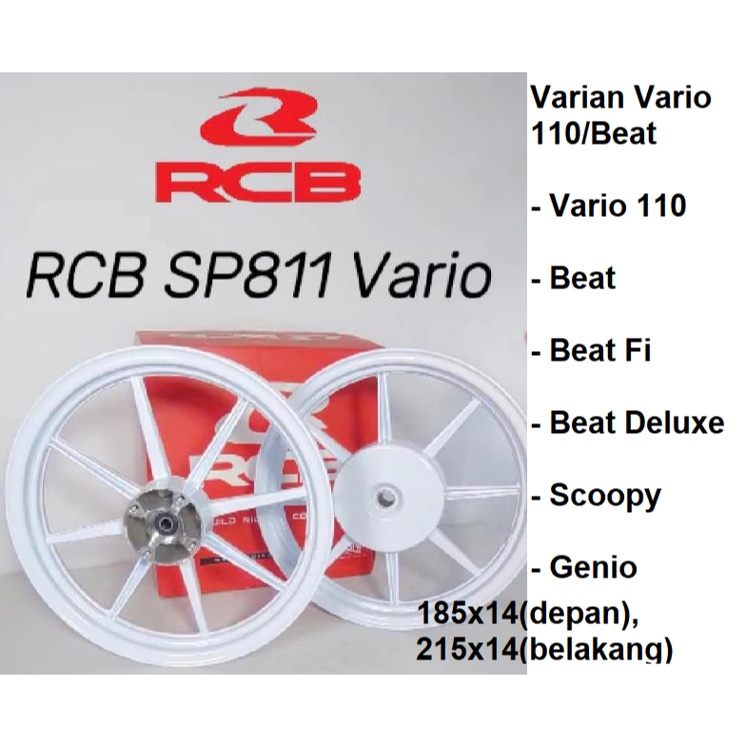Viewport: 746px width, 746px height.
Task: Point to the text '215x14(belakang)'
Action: tap(544, 649)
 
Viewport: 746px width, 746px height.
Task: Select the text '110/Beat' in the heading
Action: tap(592, 132)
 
